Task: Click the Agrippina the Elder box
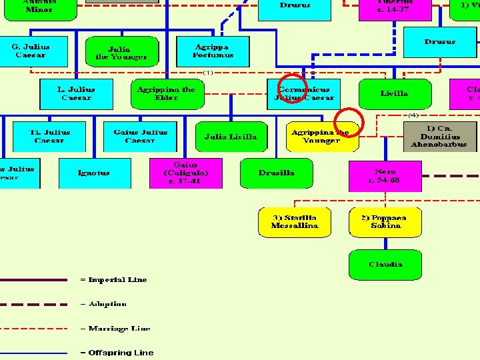click(x=166, y=94)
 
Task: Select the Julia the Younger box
click(x=122, y=53)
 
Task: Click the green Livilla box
click(x=394, y=94)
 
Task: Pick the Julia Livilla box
click(x=230, y=137)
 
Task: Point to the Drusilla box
click(x=277, y=173)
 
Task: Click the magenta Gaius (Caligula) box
click(x=185, y=173)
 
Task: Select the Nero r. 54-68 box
click(x=385, y=176)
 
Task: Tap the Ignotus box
click(x=94, y=173)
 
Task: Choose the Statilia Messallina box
click(x=295, y=222)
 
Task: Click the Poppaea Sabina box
click(x=385, y=222)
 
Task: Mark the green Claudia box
click(x=385, y=265)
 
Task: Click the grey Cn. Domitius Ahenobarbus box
click(x=439, y=136)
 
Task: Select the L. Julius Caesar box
click(x=76, y=94)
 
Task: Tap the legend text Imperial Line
click(x=117, y=280)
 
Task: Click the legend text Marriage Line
click(x=119, y=329)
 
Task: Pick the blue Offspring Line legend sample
click(x=33, y=353)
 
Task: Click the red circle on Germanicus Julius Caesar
click(x=291, y=87)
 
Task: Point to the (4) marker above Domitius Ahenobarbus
click(x=413, y=115)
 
